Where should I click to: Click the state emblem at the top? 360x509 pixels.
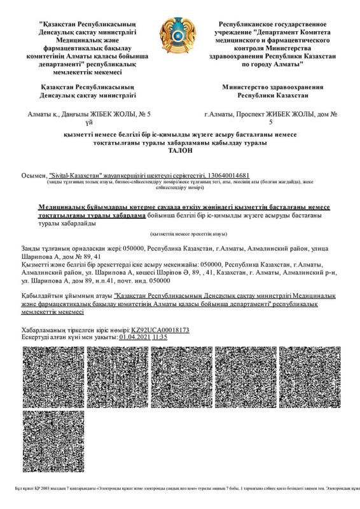pos(180,37)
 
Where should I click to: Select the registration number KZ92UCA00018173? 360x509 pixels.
pos(161,330)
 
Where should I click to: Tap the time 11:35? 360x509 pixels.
pos(160,337)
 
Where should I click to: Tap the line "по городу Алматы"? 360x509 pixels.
pos(272,64)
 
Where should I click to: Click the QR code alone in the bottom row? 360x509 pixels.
pos(53,442)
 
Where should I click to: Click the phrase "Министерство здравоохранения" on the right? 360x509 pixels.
pos(272,87)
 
